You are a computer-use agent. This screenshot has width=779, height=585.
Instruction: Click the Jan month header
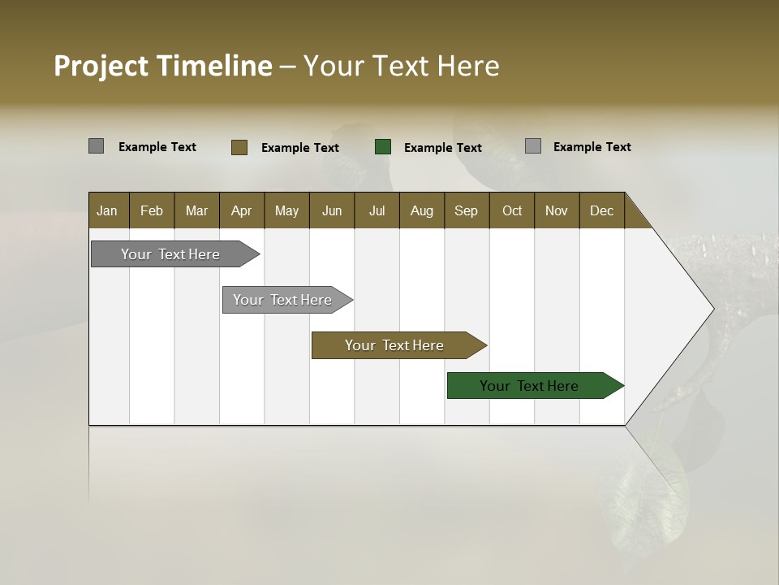(x=107, y=210)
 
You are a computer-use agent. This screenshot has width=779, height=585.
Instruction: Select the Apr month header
(x=241, y=210)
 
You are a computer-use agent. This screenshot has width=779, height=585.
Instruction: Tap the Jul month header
(x=377, y=210)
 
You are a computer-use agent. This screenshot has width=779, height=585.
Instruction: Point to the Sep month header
(x=466, y=210)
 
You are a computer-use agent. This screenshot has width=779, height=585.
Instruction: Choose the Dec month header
(x=601, y=210)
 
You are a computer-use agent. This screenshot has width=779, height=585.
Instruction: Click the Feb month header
(x=152, y=210)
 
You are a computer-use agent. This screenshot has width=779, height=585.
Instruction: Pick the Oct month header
(x=512, y=210)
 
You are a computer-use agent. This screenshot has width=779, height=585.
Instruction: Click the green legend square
(x=383, y=146)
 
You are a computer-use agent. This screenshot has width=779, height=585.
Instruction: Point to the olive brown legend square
(x=239, y=147)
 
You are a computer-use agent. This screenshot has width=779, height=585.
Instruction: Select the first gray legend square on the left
(x=96, y=146)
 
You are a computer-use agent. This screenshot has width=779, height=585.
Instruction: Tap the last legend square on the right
(x=533, y=146)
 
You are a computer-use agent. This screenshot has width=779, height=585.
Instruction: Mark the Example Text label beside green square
(x=443, y=147)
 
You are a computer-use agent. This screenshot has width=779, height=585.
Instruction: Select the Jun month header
(x=332, y=210)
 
